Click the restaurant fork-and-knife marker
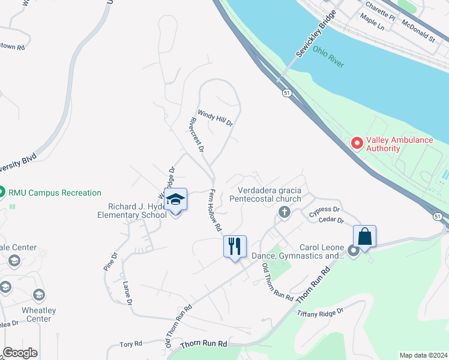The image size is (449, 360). point(234,246)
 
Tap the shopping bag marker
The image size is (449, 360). point(364,236)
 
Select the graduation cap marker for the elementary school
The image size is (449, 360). point(176,199)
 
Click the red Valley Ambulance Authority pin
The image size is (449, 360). point(357,143)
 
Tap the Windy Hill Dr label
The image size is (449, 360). point(215,118)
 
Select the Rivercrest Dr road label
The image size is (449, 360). point(197,133)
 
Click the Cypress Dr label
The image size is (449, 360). point(325,212)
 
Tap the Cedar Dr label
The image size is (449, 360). point(331,221)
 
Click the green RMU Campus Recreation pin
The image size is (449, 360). point(2,193)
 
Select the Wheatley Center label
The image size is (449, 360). point(38,314)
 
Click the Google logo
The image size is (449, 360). point(20,353)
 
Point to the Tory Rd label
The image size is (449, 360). point(130,344)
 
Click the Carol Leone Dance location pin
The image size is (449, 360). point(353,252)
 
